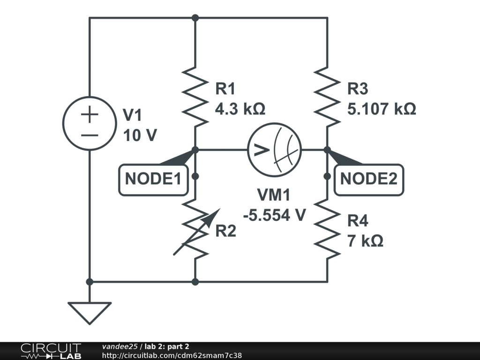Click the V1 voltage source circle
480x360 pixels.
pos(89,123)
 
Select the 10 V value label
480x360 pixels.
pos(140,135)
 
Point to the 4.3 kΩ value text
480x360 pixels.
pos(240,109)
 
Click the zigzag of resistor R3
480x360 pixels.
pos(327,96)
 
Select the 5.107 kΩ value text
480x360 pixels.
pos(382,109)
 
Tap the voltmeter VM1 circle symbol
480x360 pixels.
pos(274,150)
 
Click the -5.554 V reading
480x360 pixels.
pos(275,215)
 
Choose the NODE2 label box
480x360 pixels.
pos(368,179)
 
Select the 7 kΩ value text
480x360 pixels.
pos(365,241)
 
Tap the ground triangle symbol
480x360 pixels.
pos(89,312)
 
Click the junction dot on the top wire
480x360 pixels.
pos(195,18)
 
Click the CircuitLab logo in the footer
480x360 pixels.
pos(50,351)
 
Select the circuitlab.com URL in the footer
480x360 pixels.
pos(172,355)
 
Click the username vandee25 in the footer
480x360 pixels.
pos(120,346)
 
